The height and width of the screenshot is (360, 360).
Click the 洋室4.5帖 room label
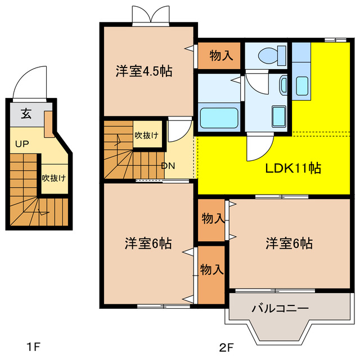(x=143, y=71)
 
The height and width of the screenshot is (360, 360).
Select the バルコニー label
(x=280, y=308)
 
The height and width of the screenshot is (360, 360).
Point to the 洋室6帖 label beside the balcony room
(x=289, y=244)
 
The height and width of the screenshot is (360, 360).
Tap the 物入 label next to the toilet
(x=220, y=55)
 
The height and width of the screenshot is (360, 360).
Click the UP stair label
(x=22, y=144)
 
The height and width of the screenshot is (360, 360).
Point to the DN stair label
(x=168, y=165)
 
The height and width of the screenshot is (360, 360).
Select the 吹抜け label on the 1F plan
(x=53, y=178)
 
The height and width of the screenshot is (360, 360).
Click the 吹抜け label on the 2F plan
(x=146, y=135)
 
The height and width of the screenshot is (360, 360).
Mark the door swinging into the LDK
(x=259, y=149)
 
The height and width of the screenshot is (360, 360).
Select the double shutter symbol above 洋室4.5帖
(x=150, y=14)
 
